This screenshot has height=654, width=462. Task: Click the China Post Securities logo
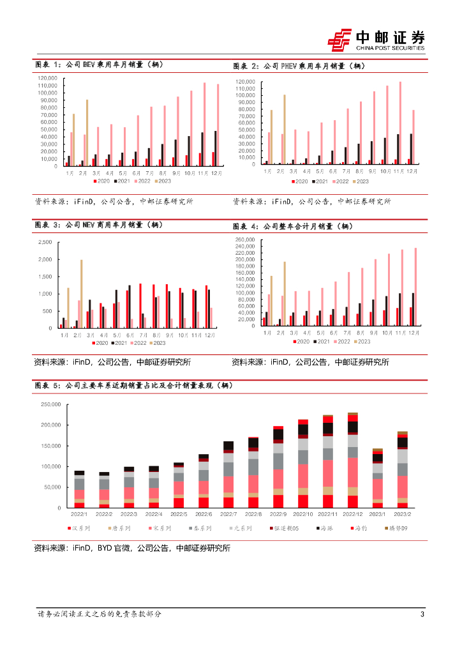click(x=376, y=40)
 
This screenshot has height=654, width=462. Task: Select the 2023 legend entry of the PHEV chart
click(x=362, y=181)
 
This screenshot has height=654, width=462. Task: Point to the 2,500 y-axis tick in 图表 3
click(x=45, y=243)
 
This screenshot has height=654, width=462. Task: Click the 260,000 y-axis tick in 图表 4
click(x=246, y=240)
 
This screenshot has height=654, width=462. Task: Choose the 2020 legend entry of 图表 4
click(x=301, y=342)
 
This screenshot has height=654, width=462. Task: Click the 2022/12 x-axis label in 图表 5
click(x=352, y=514)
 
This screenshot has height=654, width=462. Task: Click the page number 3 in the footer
click(x=422, y=614)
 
